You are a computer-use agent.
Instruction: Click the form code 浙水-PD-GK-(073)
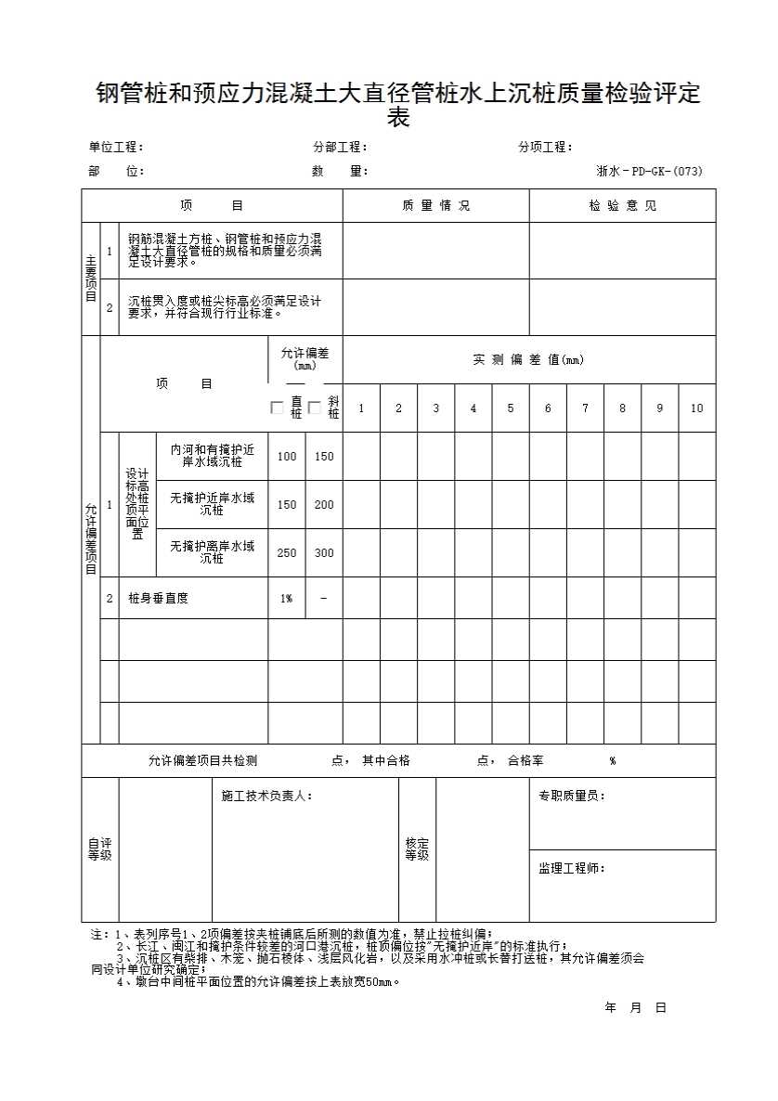pyautogui.click(x=649, y=171)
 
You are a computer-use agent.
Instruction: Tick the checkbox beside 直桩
pyautogui.click(x=277, y=408)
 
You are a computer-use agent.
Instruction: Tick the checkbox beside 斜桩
pyautogui.click(x=315, y=408)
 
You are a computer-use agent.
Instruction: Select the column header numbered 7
pyautogui.click(x=585, y=408)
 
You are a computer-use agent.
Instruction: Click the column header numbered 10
pyautogui.click(x=697, y=408)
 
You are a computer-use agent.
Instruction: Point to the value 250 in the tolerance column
pyautogui.click(x=287, y=553)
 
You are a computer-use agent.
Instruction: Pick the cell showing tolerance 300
pyautogui.click(x=324, y=553)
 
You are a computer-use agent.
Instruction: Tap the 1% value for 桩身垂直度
pyautogui.click(x=287, y=599)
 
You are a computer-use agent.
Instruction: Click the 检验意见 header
pyautogui.click(x=622, y=206)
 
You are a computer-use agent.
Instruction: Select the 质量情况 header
pyautogui.click(x=435, y=206)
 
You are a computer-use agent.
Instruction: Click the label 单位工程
pyautogui.click(x=115, y=147)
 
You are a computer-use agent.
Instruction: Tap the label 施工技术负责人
pyautogui.click(x=266, y=797)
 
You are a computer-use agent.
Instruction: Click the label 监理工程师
pyautogui.click(x=571, y=869)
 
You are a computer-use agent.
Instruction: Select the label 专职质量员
pyautogui.click(x=571, y=797)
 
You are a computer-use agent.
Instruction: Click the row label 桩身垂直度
pyautogui.click(x=159, y=599)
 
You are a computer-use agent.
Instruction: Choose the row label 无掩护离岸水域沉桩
pyautogui.click(x=212, y=552)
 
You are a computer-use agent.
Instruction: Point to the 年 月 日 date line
pyautogui.click(x=636, y=1007)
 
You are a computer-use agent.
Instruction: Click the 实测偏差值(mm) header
pyautogui.click(x=528, y=360)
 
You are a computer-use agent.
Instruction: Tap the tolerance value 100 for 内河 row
pyautogui.click(x=287, y=457)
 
